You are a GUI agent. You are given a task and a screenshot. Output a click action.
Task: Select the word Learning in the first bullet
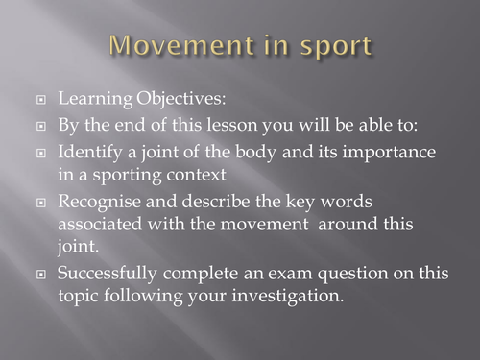click(x=91, y=99)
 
